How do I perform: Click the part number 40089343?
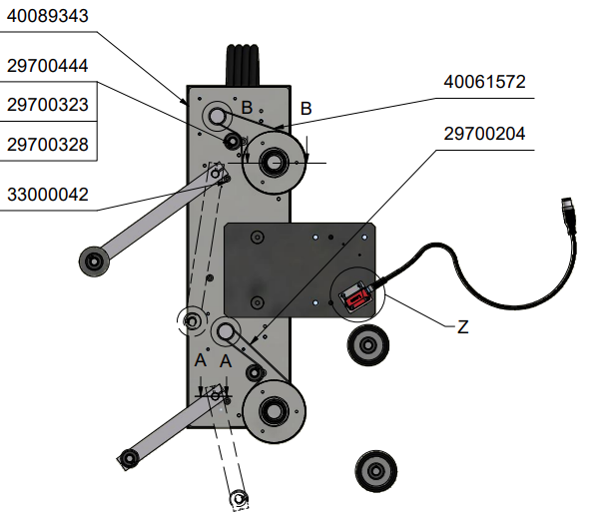click(48, 16)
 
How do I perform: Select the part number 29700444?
click(48, 66)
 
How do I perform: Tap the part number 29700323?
click(48, 105)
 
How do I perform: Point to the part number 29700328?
click(48, 145)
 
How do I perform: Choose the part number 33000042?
click(48, 195)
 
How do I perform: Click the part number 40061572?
click(484, 82)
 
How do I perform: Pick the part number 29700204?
click(484, 134)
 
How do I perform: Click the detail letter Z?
click(463, 327)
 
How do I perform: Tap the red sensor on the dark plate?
click(356, 296)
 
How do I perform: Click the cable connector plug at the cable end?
click(569, 215)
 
